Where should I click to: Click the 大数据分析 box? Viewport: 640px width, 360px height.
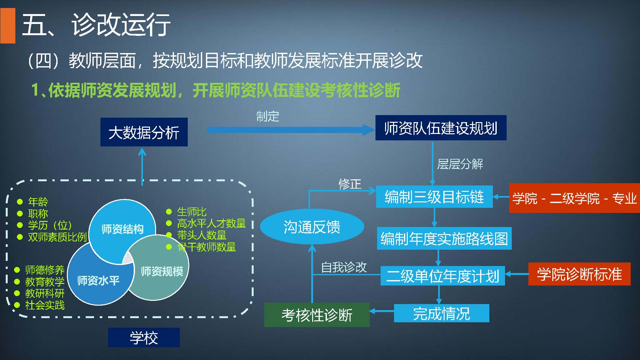click(144, 132)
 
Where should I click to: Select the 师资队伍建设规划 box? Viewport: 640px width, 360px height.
click(441, 128)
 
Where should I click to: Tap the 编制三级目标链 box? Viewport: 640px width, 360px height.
click(434, 197)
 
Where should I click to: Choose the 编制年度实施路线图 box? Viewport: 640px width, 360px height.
click(444, 239)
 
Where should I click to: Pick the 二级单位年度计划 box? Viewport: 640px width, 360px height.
click(442, 276)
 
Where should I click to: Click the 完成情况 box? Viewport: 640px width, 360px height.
click(441, 313)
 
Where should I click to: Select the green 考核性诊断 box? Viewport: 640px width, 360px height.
click(317, 315)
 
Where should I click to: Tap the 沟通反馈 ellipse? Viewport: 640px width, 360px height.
click(312, 227)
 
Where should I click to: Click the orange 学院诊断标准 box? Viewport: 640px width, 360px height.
click(579, 274)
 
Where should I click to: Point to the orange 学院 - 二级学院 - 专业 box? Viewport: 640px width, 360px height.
click(574, 198)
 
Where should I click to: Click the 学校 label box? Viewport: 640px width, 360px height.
click(144, 338)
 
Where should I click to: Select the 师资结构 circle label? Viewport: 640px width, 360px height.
click(122, 229)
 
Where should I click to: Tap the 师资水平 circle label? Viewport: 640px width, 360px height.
click(98, 280)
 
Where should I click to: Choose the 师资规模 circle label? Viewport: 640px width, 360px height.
click(162, 271)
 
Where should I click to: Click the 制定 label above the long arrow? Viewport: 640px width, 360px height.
click(268, 116)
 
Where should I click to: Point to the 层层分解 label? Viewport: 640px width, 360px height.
click(460, 164)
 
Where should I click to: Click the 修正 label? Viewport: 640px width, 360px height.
click(350, 184)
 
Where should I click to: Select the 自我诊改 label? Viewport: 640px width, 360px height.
click(344, 267)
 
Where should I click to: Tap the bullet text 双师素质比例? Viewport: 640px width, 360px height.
click(57, 237)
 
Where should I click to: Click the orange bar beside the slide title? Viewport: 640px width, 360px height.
click(8, 26)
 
